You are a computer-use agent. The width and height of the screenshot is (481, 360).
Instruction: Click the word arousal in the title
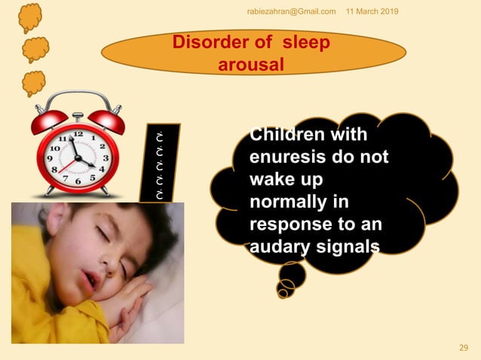click(x=251, y=65)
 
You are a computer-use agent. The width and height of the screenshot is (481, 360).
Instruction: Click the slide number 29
click(x=464, y=347)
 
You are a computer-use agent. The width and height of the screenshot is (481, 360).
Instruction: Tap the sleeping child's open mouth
click(x=90, y=279)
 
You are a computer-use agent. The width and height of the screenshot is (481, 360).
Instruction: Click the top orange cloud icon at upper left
click(x=31, y=17)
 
